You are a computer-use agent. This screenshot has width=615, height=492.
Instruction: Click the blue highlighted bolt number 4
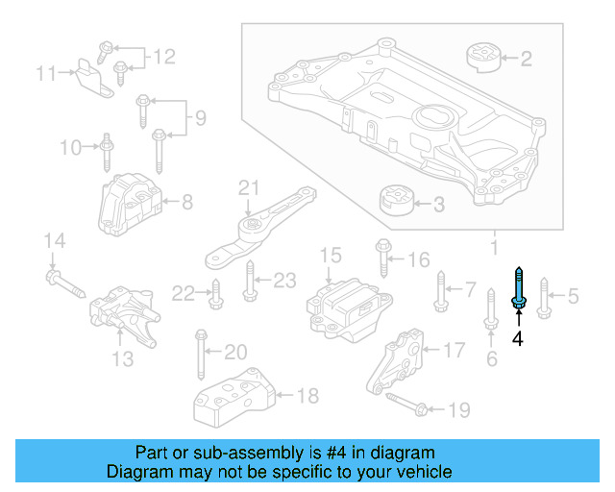[518, 289]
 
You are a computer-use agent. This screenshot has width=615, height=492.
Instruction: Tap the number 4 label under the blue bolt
[518, 338]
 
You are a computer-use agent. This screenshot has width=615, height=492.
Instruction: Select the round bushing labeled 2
[485, 58]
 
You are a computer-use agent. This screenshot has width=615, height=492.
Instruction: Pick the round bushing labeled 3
[395, 203]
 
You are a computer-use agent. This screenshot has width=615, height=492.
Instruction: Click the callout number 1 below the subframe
[495, 248]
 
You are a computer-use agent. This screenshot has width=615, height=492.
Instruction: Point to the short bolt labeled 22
[214, 294]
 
